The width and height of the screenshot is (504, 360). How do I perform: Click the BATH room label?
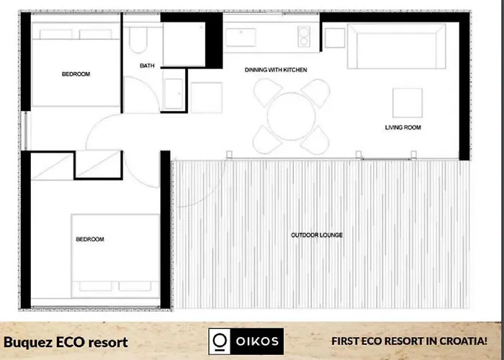[x=147, y=66]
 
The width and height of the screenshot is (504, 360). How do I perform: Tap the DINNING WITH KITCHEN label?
[x=276, y=70]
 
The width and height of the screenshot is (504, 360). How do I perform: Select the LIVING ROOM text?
[x=403, y=127]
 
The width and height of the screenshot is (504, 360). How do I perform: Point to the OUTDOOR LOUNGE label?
[x=317, y=235]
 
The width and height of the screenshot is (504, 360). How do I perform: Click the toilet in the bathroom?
[x=138, y=40]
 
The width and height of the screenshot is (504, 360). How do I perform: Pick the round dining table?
[x=291, y=117]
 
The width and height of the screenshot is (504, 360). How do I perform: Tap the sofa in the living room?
[x=396, y=46]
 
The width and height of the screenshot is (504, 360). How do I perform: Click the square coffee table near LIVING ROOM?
[x=408, y=103]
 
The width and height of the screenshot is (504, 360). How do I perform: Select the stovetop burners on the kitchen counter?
[x=304, y=36]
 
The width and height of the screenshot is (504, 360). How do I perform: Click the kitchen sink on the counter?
[x=240, y=37]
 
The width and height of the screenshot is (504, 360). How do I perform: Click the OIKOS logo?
[x=246, y=341]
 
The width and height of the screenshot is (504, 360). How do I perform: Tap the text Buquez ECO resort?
[x=66, y=342]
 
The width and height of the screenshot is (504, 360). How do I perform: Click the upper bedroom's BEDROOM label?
[x=76, y=74]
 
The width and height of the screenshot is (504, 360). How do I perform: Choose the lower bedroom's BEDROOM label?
[x=90, y=239]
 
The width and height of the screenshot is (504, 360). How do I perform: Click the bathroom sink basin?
[x=174, y=94]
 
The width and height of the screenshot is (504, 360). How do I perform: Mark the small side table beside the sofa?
[x=335, y=38]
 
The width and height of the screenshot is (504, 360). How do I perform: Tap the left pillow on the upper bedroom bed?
[x=56, y=34]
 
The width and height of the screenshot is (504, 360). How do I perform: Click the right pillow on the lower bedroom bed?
[x=135, y=286]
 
